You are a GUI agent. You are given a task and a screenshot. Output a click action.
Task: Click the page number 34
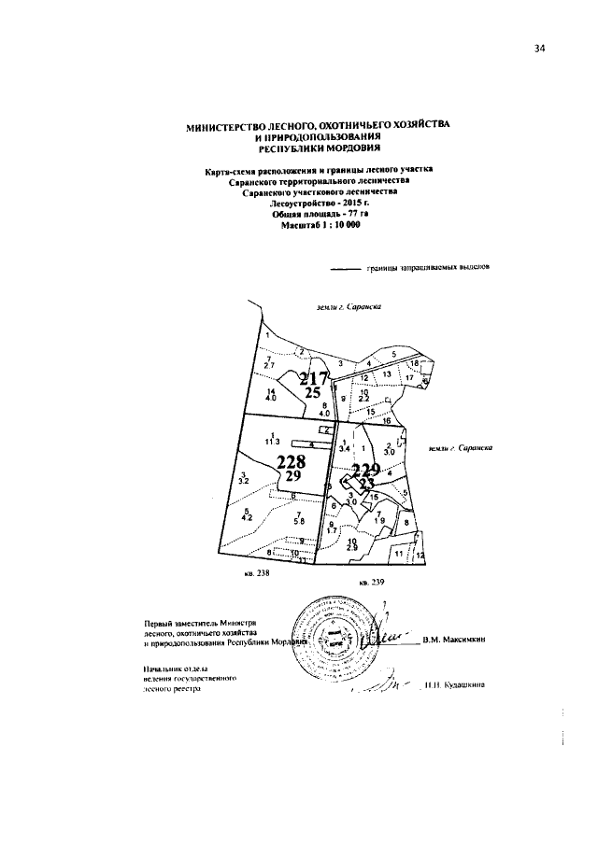(x=538, y=49)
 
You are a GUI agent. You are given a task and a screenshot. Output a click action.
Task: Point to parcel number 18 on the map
(x=415, y=362)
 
